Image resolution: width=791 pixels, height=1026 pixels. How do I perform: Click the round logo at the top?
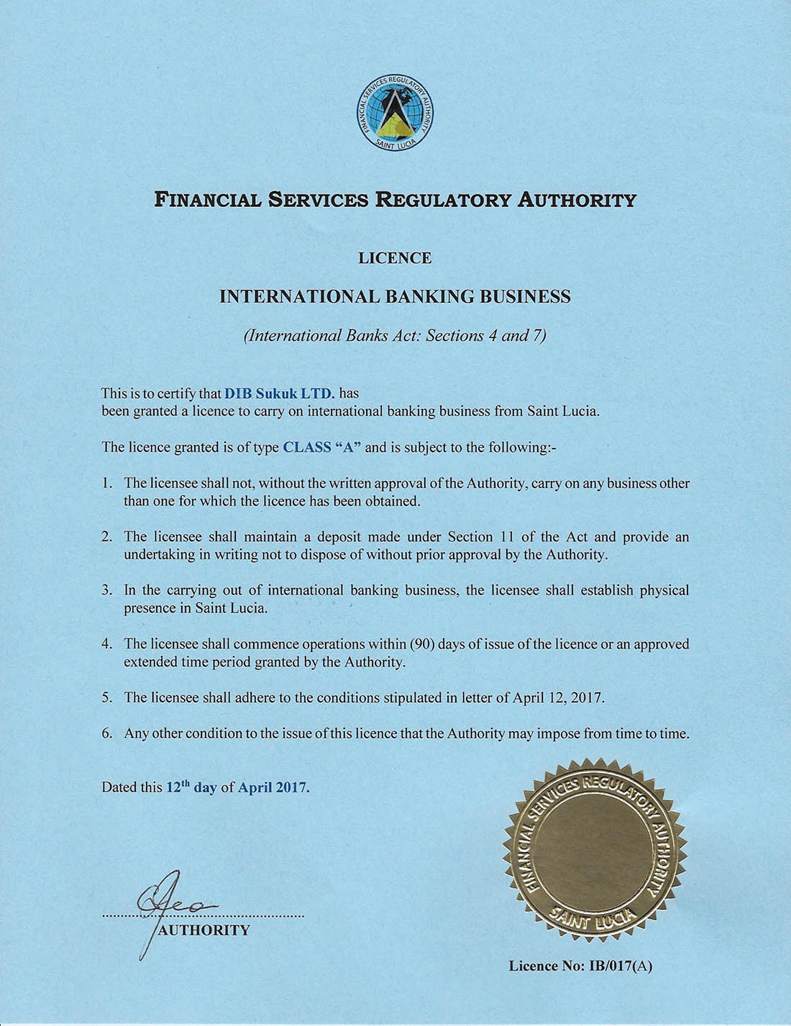(x=395, y=113)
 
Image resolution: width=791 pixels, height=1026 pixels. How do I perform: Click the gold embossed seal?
(x=595, y=849)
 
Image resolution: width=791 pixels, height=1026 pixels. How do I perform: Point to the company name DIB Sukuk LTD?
(x=279, y=393)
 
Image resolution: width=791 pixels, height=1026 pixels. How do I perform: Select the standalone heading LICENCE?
(x=395, y=258)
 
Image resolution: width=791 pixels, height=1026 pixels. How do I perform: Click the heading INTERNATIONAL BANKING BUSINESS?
(x=395, y=296)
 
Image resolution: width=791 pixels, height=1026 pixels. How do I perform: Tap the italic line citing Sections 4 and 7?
(x=395, y=336)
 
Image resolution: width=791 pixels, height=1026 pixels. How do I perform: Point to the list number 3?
(x=106, y=590)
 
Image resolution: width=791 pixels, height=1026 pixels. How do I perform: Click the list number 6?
(x=106, y=734)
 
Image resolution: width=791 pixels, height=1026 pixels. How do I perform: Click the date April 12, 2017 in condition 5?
(x=558, y=697)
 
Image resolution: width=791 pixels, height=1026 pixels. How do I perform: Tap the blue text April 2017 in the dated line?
(x=273, y=787)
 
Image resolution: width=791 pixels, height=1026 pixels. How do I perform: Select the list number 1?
(x=106, y=483)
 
